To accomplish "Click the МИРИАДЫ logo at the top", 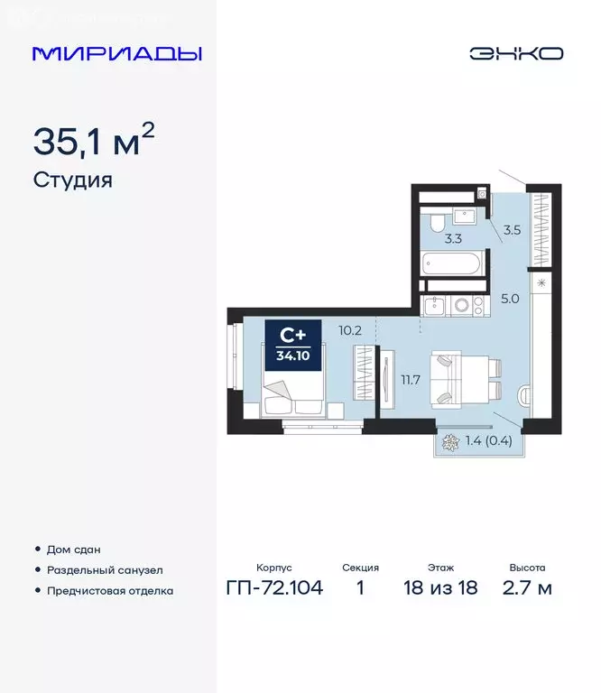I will pyautogui.click(x=116, y=53).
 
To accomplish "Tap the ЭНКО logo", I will pyautogui.click(x=515, y=53).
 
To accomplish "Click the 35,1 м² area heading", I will pyautogui.click(x=94, y=142).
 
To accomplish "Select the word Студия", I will pyautogui.click(x=72, y=180).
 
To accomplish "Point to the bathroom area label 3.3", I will pyautogui.click(x=453, y=239).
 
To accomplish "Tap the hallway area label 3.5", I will pyautogui.click(x=512, y=230).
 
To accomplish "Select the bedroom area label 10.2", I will pyautogui.click(x=350, y=330).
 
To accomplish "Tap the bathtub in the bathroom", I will pyautogui.click(x=452, y=266).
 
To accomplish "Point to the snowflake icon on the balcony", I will pyautogui.click(x=449, y=442).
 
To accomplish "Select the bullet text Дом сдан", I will pyautogui.click(x=74, y=549).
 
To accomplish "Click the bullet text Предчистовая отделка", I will pyautogui.click(x=109, y=591).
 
